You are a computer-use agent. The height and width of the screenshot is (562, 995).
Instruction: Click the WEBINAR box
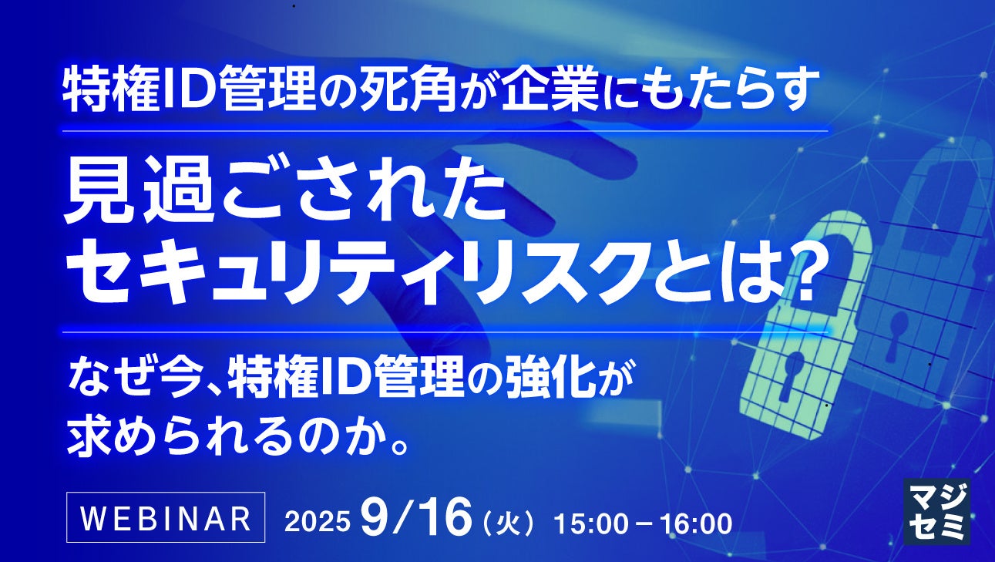166,517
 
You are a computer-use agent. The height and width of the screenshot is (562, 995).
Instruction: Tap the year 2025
317,522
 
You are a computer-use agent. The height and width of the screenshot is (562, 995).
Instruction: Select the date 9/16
416,518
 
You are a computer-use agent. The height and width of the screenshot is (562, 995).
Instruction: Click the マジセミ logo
936,511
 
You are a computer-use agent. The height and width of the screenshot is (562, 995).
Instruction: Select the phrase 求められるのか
229,436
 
